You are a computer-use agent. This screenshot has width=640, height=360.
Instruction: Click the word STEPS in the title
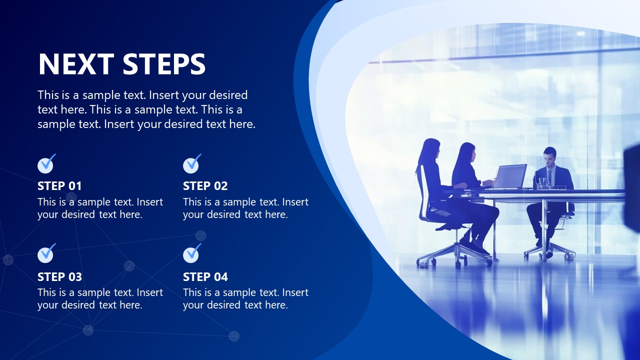click(164, 64)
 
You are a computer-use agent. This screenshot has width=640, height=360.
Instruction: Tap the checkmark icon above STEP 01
click(46, 164)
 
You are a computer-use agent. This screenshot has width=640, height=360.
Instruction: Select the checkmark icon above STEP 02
click(191, 164)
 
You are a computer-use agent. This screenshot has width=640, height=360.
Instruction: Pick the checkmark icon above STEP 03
click(46, 254)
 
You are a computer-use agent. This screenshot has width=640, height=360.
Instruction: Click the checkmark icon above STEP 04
click(191, 254)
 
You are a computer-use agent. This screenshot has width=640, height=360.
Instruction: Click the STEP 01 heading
click(59, 186)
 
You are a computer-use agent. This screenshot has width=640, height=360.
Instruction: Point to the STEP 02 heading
click(205, 186)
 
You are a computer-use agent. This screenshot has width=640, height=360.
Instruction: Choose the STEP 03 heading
click(59, 276)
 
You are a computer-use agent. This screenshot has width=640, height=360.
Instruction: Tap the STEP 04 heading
click(205, 276)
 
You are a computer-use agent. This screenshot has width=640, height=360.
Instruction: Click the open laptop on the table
click(509, 176)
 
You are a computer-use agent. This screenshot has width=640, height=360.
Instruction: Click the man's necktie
click(549, 176)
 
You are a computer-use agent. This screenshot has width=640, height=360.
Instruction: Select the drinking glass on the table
click(543, 183)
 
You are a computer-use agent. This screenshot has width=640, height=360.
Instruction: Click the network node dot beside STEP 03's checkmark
click(8, 259)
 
